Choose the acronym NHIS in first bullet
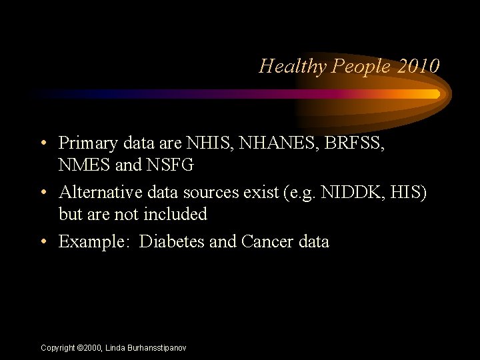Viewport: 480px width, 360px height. tap(207, 143)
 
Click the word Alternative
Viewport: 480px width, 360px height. tap(99, 193)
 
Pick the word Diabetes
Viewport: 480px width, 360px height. tap(172, 241)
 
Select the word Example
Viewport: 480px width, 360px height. tap(93, 241)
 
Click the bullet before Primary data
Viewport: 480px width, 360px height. tap(43, 143)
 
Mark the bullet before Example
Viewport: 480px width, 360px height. tap(43, 241)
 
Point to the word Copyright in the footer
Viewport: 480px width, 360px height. tap(58, 348)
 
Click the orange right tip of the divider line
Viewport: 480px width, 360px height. tap(436, 94)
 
